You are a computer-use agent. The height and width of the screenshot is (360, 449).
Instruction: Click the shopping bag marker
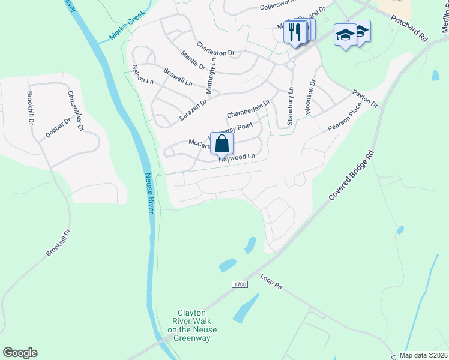222,145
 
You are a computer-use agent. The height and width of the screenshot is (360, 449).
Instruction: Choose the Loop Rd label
271,283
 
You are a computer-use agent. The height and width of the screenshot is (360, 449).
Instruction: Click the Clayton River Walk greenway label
192,326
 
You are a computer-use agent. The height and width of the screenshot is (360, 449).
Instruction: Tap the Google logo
20,353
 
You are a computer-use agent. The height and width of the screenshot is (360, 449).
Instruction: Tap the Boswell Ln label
178,76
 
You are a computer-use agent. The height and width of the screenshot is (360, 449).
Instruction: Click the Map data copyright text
423,355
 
